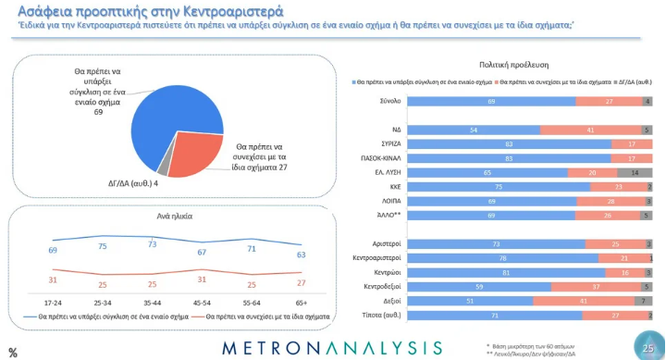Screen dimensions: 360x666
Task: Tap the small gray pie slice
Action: pos(165,169)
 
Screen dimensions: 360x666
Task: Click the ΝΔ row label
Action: pos(394,130)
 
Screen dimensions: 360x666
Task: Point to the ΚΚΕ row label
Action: pos(391,186)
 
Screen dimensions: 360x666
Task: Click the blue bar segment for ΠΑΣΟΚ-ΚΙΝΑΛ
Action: pos(509,158)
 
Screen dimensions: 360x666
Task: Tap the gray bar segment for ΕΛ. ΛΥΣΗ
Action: pos(635,172)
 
